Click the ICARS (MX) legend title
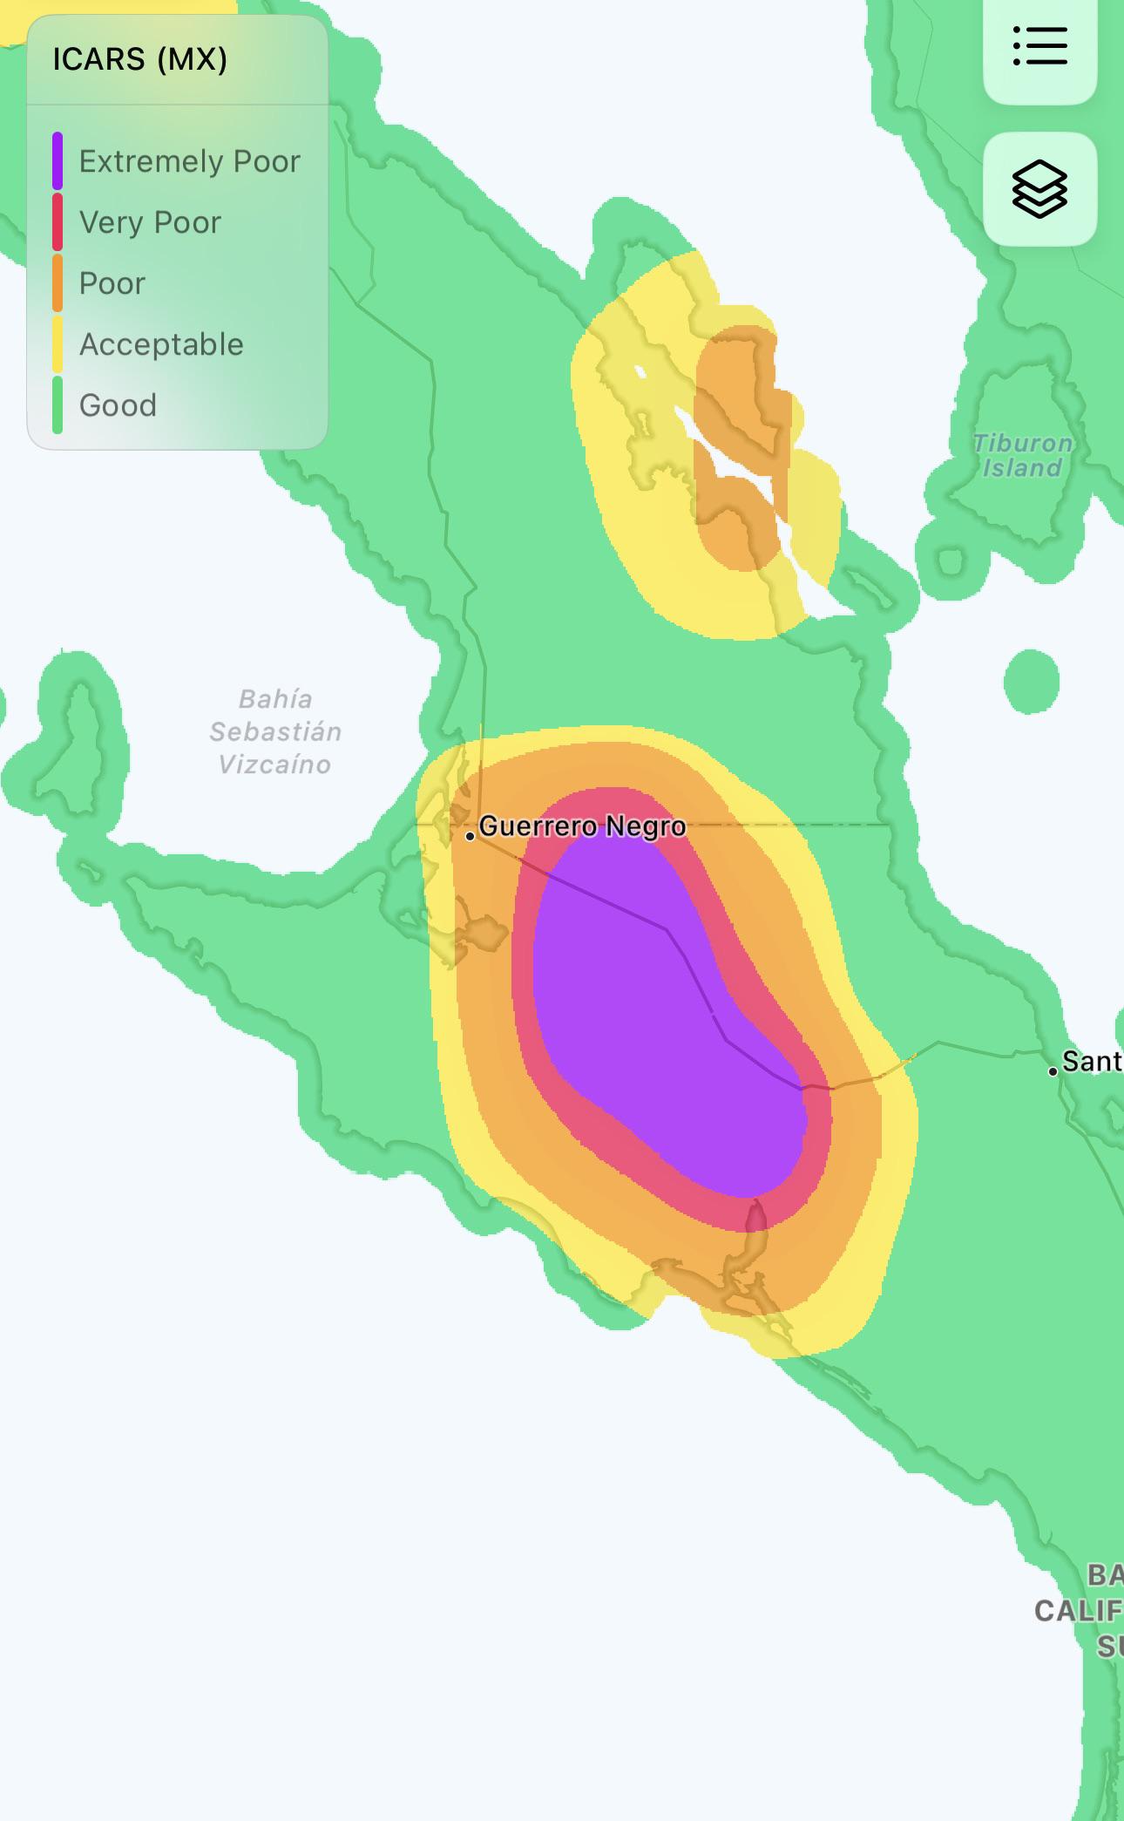coord(139,59)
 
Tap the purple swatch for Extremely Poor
coord(58,161)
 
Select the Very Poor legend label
coord(150,222)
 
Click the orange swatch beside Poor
coord(58,283)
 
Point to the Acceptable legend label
coord(161,344)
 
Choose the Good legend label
coord(118,405)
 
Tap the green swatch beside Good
coord(58,405)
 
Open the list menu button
coord(1039,45)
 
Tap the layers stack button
coord(1039,188)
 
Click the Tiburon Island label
coord(1022,455)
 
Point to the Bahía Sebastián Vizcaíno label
coord(275,732)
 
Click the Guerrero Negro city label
coord(582,826)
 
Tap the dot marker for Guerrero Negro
coord(470,837)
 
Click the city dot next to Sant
coord(1053,1071)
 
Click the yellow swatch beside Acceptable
coord(58,344)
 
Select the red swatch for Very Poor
coord(58,222)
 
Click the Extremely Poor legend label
coord(189,161)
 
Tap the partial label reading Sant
coord(1092,1062)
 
